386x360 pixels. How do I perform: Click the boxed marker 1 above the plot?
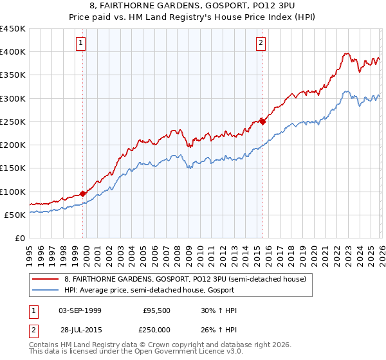click(81, 43)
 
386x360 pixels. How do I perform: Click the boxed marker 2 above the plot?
click(261, 43)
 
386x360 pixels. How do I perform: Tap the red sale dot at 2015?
click(262, 121)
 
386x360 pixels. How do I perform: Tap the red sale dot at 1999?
click(82, 194)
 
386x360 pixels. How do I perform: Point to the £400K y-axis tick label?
click(13, 52)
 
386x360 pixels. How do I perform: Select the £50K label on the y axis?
click(15, 215)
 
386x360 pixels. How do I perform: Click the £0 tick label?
click(20, 238)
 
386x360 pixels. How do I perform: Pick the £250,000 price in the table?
click(157, 330)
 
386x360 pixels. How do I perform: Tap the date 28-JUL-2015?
click(79, 330)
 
